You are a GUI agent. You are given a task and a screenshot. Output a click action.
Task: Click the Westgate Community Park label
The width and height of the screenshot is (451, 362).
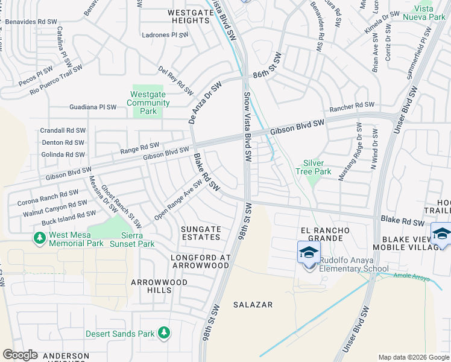[148, 103]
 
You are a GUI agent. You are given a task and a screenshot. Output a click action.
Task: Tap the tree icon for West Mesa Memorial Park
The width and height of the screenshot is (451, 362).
[40, 238]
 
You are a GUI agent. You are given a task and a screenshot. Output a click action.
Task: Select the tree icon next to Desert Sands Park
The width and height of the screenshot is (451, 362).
[163, 332]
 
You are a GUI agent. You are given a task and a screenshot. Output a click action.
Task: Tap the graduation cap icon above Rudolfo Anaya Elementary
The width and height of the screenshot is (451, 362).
[309, 252]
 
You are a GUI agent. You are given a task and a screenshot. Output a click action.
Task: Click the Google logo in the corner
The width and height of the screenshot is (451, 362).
[20, 355]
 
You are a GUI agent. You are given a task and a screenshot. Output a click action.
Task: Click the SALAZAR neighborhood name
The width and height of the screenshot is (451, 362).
[253, 305]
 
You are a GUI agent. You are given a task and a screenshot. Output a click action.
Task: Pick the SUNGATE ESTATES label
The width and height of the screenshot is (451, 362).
[201, 233]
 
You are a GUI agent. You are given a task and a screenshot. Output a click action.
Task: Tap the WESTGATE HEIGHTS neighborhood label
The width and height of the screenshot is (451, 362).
[180, 16]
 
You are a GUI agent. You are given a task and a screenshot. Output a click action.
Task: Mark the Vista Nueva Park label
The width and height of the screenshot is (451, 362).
[428, 13]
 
